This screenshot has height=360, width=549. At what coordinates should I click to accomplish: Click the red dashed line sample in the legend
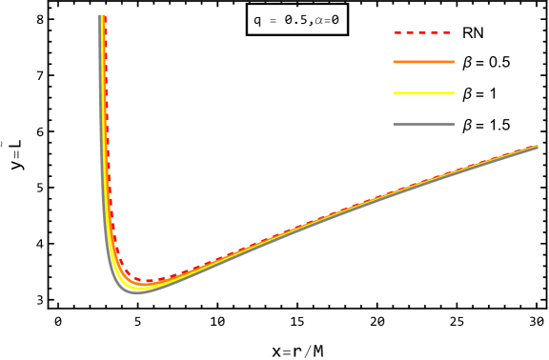tap(423, 32)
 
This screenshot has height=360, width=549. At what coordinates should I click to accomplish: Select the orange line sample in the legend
tap(423, 62)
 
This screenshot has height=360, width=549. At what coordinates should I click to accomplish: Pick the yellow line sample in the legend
tap(423, 93)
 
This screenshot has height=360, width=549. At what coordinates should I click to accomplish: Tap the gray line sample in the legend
tap(423, 124)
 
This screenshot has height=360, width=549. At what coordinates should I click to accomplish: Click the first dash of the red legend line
tap(397, 32)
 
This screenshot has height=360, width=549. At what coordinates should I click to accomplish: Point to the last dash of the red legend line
tap(446, 32)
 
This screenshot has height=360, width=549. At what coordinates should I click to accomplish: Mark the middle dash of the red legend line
tap(422, 32)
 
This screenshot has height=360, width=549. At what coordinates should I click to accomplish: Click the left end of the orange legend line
tap(395, 62)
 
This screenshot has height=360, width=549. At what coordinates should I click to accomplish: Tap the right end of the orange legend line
tap(454, 62)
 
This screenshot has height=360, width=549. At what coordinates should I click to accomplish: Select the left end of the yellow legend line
tap(395, 93)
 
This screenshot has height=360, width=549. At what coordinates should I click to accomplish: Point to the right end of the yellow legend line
tap(454, 93)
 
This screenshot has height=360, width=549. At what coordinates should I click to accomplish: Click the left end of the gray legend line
tap(395, 124)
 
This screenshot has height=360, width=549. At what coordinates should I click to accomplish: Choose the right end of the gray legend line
tap(454, 124)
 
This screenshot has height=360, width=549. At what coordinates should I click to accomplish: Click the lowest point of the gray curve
tap(136, 292)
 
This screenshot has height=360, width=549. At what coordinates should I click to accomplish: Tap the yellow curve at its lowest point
tap(141, 288)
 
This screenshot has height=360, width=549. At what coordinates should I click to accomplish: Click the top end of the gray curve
tap(99, 16)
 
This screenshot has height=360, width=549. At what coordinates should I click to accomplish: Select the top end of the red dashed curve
tap(105, 16)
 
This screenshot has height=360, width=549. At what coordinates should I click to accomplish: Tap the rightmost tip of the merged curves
tap(538, 147)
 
